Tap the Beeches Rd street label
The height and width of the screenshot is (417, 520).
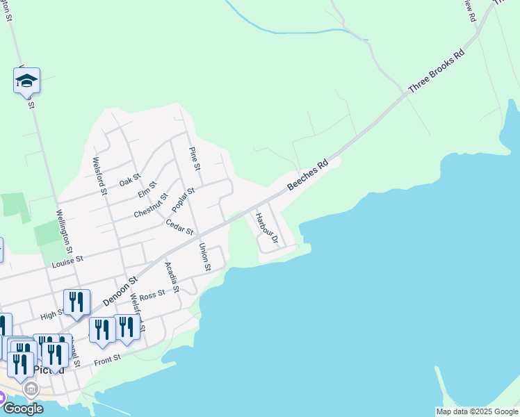click(307, 178)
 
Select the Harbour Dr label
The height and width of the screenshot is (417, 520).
click(266, 229)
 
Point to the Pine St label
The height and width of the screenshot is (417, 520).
click(195, 159)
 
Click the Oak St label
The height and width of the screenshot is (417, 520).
click(129, 180)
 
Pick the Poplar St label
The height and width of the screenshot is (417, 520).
click(184, 199)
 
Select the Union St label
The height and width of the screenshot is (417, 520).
click(204, 256)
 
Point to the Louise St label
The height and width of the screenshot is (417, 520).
click(67, 261)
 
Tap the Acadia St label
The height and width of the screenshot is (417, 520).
click(172, 277)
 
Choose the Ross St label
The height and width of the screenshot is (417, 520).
click(152, 295)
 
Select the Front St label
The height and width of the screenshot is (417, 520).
click(108, 358)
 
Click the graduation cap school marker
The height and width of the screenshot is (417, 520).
click(26, 81)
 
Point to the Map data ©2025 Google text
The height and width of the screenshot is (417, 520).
click(477, 411)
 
